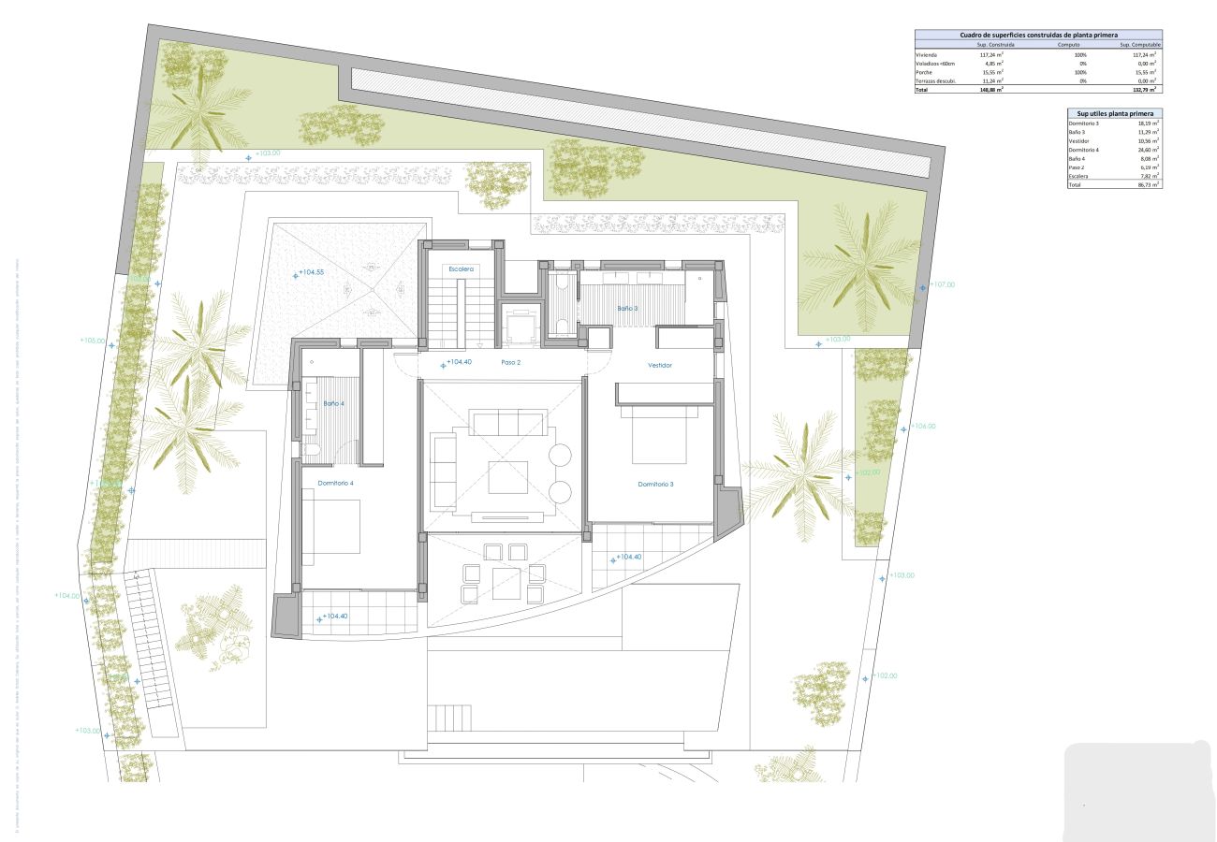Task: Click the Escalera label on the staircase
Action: point(461,269)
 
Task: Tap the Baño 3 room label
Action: point(627,308)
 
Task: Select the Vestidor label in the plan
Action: point(660,365)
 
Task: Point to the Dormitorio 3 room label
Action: point(656,484)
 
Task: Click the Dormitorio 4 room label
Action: point(335,483)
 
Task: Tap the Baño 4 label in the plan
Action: point(334,403)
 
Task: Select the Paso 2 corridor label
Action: point(510,362)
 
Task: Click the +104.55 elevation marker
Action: point(311,273)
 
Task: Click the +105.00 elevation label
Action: point(94,341)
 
